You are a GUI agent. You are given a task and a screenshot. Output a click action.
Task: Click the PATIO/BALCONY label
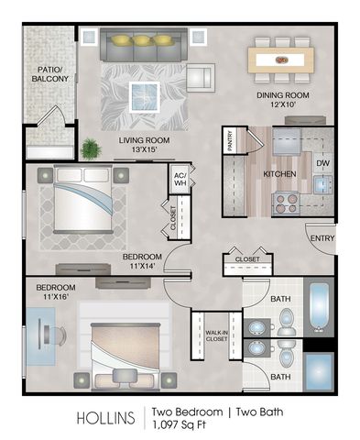49,74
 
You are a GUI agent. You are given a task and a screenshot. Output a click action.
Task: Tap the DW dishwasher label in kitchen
322,163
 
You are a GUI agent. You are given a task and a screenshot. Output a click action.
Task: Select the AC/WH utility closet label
180,180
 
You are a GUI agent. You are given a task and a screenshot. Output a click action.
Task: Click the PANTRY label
230,141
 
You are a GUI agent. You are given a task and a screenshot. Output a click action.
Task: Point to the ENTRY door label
322,238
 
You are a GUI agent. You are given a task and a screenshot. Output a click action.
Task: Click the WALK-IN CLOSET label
216,335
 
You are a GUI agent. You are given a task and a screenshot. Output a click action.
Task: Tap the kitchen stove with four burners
286,203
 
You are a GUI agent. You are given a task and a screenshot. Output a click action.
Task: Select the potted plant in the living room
91,149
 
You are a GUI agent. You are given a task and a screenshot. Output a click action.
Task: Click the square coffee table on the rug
145,97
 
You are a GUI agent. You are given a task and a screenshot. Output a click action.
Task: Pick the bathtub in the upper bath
319,307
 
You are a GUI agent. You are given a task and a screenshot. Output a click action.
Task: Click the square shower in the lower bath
319,371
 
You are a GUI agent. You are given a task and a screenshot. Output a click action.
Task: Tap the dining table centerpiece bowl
281,60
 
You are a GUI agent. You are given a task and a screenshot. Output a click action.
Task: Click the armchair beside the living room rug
200,78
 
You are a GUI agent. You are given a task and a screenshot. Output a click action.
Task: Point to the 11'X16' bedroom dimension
55,296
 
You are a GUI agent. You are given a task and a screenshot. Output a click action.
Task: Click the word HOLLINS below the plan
105,418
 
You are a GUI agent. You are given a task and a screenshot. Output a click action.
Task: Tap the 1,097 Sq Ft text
179,424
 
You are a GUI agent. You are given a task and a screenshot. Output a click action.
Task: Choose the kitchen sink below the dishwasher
322,185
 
